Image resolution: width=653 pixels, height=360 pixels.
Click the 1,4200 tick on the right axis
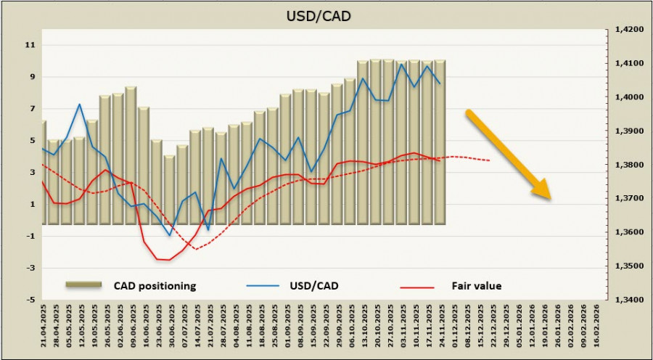click(x=624, y=30)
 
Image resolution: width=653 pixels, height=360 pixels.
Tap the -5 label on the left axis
click(x=30, y=300)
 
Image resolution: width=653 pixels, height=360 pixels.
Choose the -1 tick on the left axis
click(x=30, y=236)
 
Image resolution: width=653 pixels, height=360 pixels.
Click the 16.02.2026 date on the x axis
click(x=597, y=328)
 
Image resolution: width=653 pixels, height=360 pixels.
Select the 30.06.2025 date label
click(x=171, y=328)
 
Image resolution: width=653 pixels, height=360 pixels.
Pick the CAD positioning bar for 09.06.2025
click(x=131, y=155)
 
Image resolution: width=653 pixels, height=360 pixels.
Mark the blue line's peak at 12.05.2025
click(x=79, y=105)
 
